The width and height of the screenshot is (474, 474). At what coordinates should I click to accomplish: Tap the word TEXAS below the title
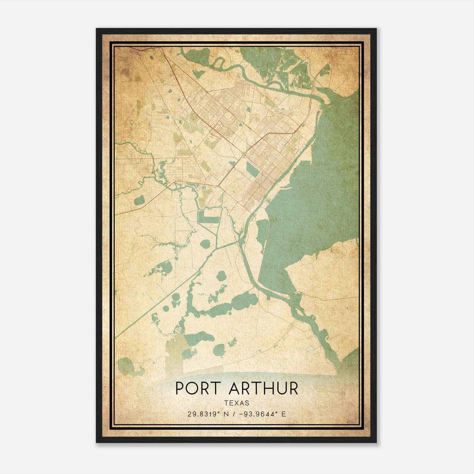tap(237, 403)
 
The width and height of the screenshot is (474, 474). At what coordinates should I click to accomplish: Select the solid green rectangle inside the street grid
tap(253, 169)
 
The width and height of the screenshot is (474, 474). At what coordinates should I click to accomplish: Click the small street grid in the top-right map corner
tap(341, 55)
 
